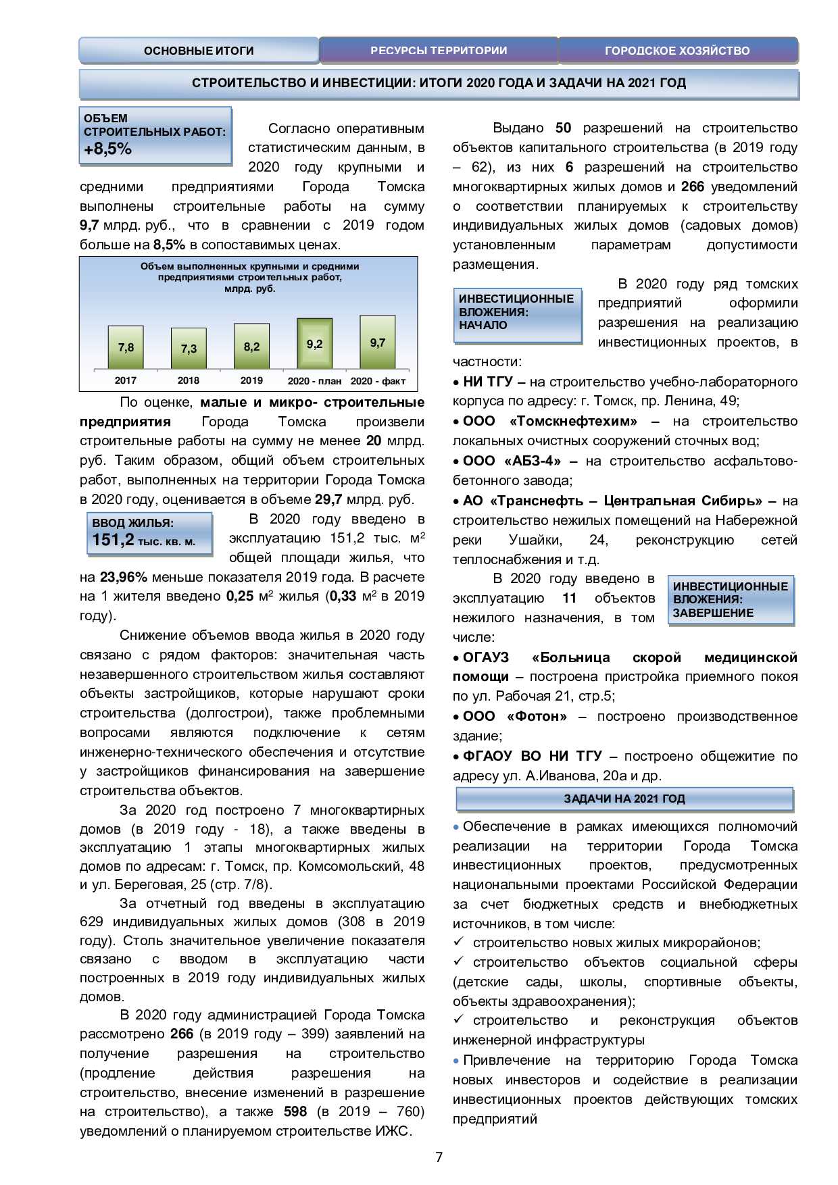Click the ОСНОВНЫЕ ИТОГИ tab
tap(199, 51)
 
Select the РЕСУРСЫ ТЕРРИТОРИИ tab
tap(439, 51)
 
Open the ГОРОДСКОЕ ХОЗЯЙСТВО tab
tap(677, 51)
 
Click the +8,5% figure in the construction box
tap(108, 149)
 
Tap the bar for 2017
tap(126, 347)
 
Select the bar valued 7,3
tap(189, 349)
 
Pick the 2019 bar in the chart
tap(251, 346)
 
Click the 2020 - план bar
tap(315, 343)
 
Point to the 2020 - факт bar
tap(378, 342)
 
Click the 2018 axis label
tap(189, 380)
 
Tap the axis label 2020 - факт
tap(378, 381)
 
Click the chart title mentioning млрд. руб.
tap(250, 277)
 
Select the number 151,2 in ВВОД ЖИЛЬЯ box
tap(113, 540)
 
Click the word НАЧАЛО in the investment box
tap(483, 325)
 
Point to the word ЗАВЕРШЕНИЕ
tap(713, 613)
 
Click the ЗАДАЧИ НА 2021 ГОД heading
tap(624, 799)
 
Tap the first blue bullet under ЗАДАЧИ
tap(456, 827)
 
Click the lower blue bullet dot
tap(456, 1061)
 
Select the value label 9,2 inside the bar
tap(315, 344)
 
